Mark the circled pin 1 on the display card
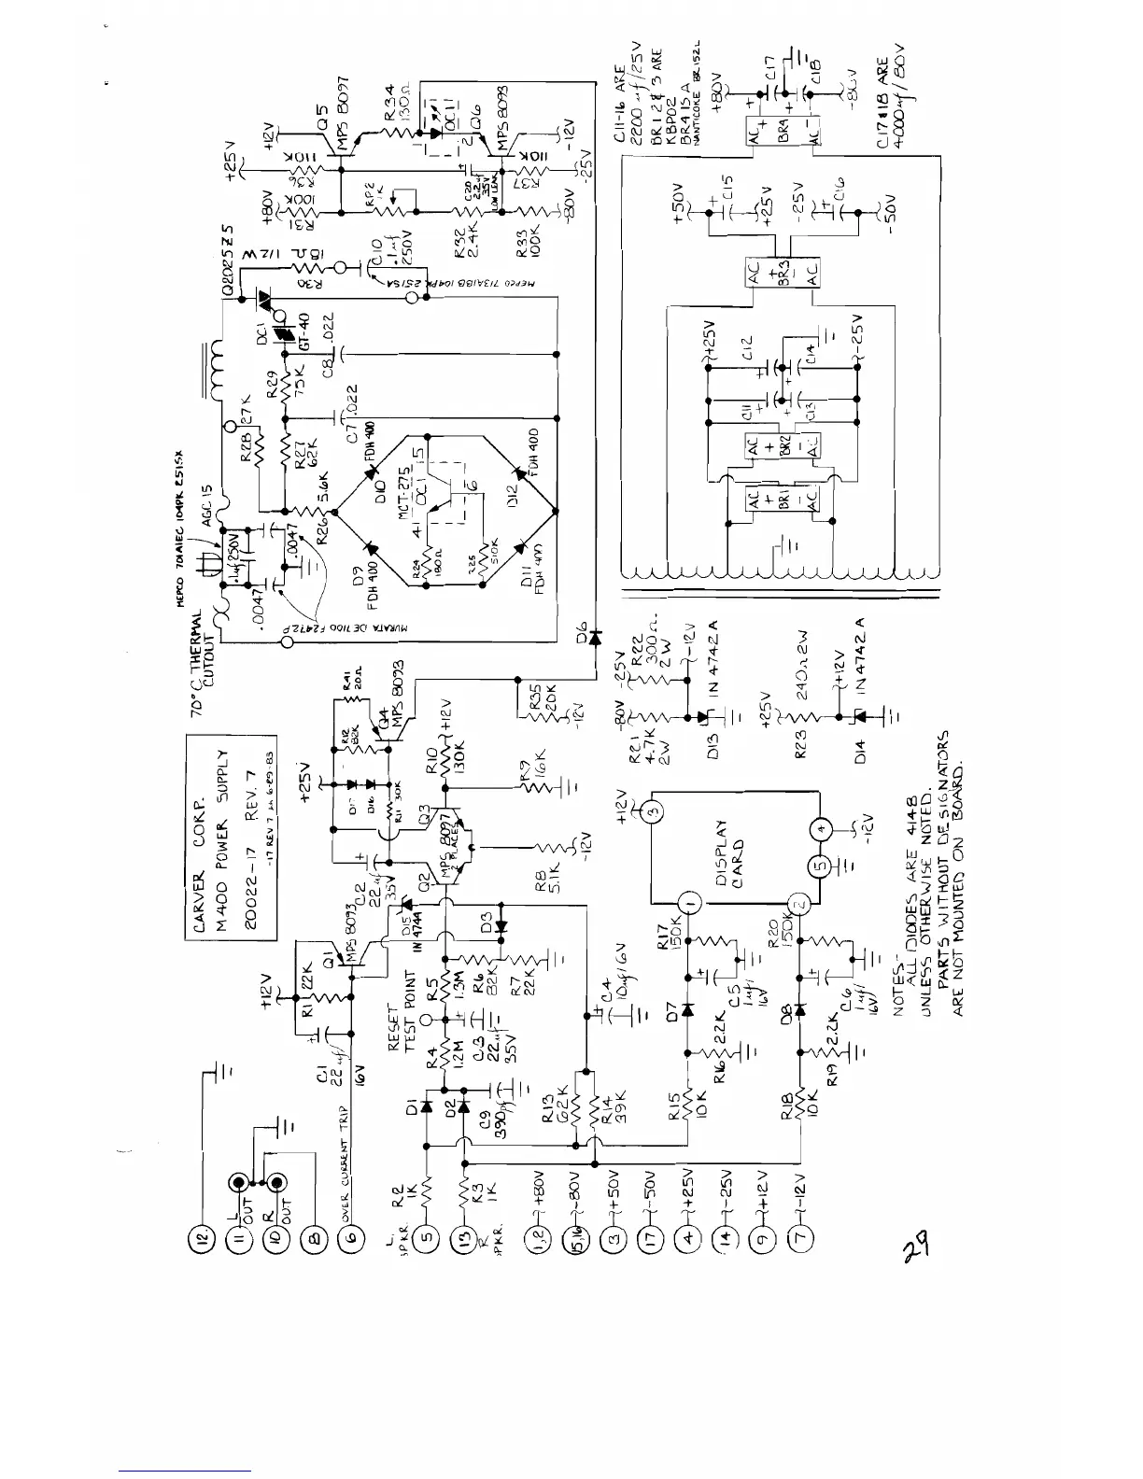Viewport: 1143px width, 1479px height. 689,904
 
